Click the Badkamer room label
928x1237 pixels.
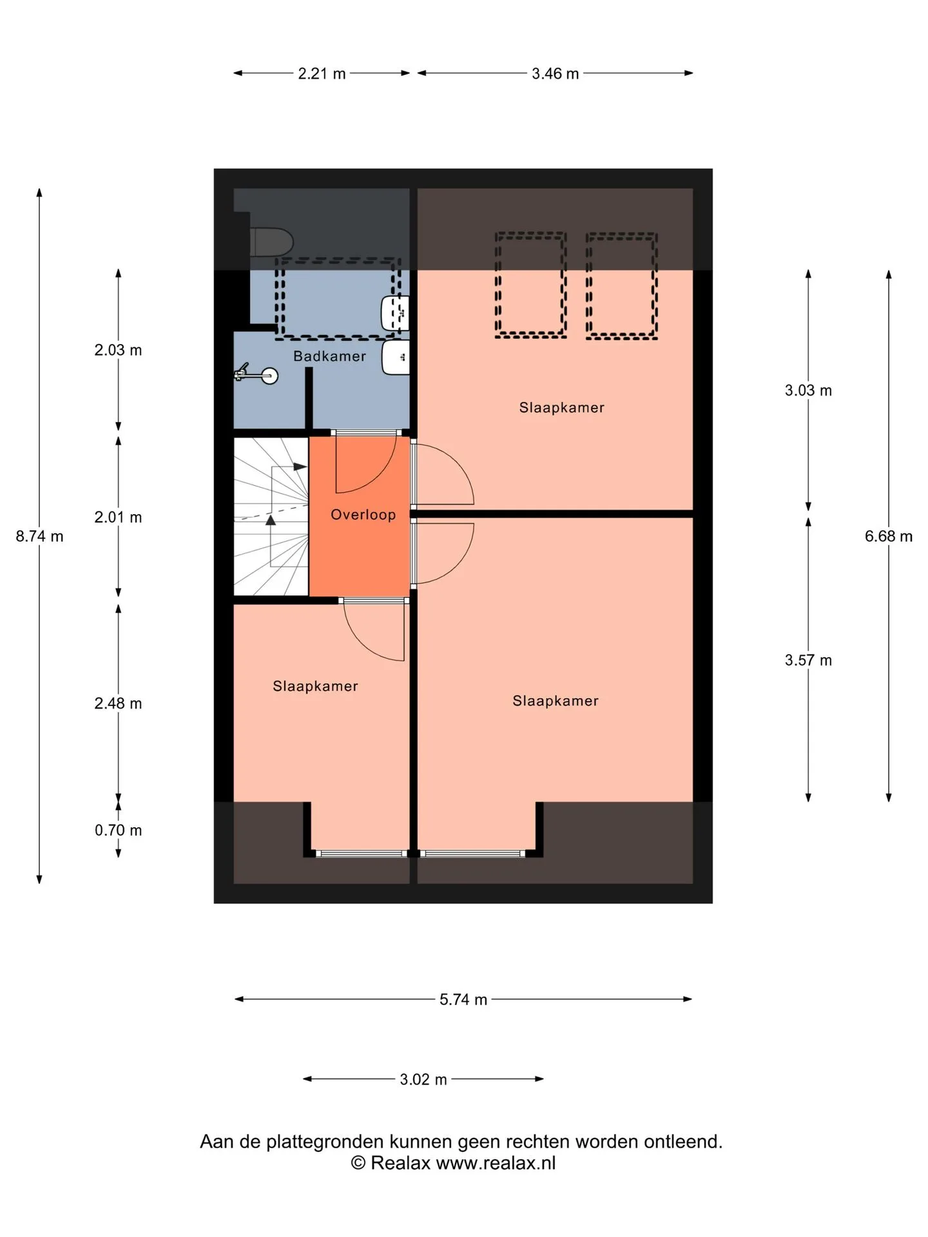(x=329, y=356)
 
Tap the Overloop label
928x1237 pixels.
(x=363, y=515)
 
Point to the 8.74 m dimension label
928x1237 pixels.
(x=40, y=536)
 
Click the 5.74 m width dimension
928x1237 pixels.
(x=463, y=999)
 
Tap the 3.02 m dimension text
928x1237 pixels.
(x=423, y=1079)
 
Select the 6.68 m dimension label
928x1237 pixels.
(x=889, y=536)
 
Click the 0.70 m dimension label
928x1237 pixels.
(x=118, y=830)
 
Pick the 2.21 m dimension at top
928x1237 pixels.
(x=322, y=73)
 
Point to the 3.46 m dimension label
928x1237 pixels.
(x=555, y=73)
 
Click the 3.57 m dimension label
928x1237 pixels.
(x=808, y=660)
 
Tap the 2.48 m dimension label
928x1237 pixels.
(x=118, y=704)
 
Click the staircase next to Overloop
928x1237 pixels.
(x=271, y=517)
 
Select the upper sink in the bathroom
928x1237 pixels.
(x=395, y=314)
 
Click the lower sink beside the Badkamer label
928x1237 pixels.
(x=395, y=358)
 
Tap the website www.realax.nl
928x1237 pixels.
(x=496, y=1163)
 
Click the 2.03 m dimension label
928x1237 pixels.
(x=118, y=350)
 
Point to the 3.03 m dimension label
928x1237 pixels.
(x=808, y=390)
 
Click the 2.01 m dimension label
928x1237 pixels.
(x=118, y=517)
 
